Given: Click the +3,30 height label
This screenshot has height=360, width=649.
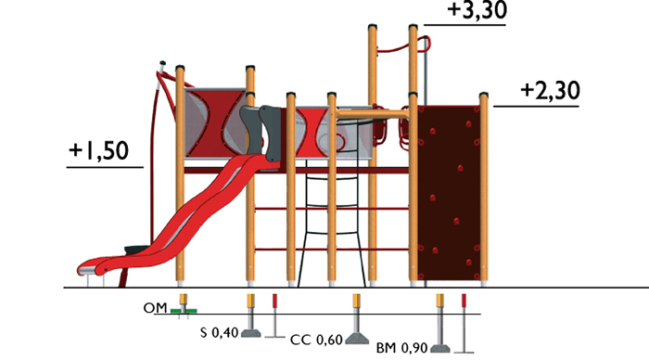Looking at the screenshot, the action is [477, 10].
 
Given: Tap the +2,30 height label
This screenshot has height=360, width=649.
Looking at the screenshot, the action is [550, 91].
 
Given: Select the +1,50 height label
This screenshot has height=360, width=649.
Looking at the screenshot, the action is [99, 151].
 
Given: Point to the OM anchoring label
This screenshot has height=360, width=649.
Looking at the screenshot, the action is [155, 308].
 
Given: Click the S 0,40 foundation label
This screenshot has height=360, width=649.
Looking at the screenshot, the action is [220, 332].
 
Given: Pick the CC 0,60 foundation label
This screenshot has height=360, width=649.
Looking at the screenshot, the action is [317, 341].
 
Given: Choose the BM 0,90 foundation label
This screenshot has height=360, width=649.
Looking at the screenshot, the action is [401, 348].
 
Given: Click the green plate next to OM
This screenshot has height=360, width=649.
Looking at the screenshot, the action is [184, 311].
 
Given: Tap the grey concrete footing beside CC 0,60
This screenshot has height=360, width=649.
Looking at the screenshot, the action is [357, 339].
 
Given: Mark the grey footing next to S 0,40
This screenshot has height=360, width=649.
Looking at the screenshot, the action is [251, 333].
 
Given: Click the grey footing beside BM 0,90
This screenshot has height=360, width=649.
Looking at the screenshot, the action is [440, 348].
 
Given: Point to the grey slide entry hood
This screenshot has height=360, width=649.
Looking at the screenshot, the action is [261, 132].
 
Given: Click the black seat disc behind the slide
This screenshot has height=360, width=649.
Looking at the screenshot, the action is [137, 250].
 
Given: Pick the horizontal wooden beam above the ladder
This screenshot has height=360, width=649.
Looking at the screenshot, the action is [373, 113].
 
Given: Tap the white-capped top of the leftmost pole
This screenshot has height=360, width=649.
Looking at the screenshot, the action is [162, 64].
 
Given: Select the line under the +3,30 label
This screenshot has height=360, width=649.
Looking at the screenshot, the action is [465, 25].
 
